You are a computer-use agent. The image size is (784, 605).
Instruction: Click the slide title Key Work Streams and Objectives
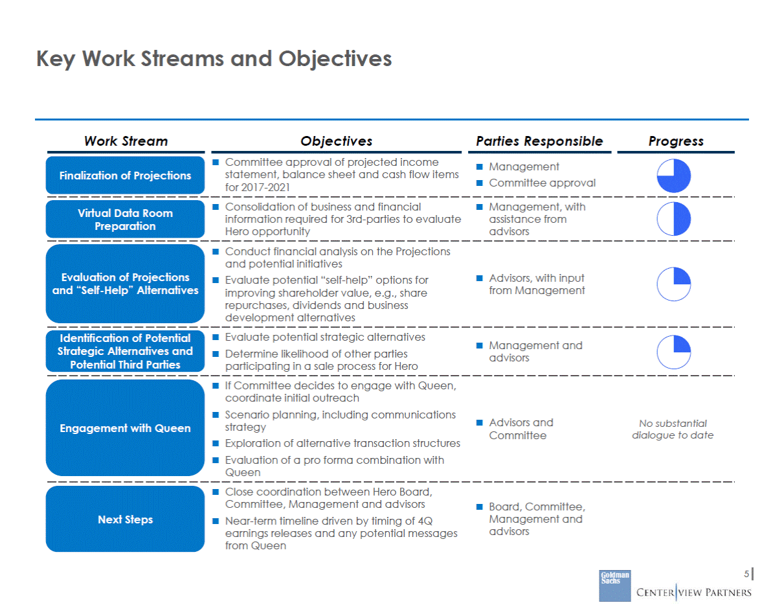pos(214,59)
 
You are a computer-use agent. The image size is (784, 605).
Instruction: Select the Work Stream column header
pos(126,141)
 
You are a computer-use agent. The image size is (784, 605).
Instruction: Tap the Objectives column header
pos(336,141)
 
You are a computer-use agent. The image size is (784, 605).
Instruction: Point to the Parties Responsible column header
pos(539,141)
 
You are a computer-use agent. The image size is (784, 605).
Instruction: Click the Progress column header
pos(676,141)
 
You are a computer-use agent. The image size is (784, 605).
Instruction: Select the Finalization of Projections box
pos(125,175)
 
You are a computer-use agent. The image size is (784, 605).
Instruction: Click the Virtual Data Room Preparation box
pos(125,219)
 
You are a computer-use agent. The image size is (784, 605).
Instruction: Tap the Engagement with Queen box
pos(125,428)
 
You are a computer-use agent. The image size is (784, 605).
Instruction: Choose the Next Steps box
pos(125,519)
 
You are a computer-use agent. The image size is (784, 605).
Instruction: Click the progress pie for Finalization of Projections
pos(673,176)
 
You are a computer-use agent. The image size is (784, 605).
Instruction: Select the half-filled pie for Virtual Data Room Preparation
pos(673,219)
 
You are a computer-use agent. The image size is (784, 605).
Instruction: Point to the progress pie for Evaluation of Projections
pos(673,284)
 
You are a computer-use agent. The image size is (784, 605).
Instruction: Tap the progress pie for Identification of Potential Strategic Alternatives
pos(673,352)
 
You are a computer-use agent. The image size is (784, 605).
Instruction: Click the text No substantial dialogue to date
pos(673,429)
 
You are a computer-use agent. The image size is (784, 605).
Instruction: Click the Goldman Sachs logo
pos(615,586)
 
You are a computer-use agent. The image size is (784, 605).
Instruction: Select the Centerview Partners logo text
pos(694,592)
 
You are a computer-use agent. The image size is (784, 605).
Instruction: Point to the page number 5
pos(746,574)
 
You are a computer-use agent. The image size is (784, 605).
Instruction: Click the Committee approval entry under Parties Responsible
pos(542,183)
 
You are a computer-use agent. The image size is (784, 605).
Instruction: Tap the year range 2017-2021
pos(265,187)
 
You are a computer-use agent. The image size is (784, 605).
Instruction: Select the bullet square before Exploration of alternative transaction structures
pos(216,443)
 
